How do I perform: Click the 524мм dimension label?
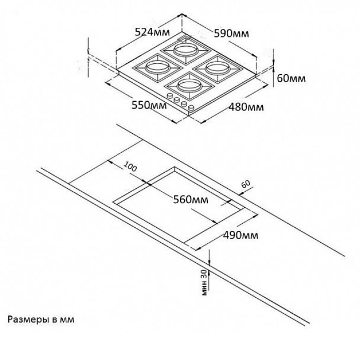(x=152, y=32)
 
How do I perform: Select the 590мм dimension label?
(x=231, y=33)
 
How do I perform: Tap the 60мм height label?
(x=292, y=78)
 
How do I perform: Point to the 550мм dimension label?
(x=149, y=105)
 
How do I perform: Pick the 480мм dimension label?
(x=246, y=107)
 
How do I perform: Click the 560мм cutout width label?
(x=191, y=200)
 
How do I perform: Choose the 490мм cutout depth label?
(x=241, y=236)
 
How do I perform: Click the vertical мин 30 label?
(x=204, y=282)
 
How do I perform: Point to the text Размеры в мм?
(x=41, y=320)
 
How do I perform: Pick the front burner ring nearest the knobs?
(x=189, y=86)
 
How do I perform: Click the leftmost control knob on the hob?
(x=170, y=95)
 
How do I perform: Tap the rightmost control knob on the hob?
(x=191, y=107)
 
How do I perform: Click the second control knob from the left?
(x=176, y=100)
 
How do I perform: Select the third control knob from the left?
(x=184, y=103)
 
